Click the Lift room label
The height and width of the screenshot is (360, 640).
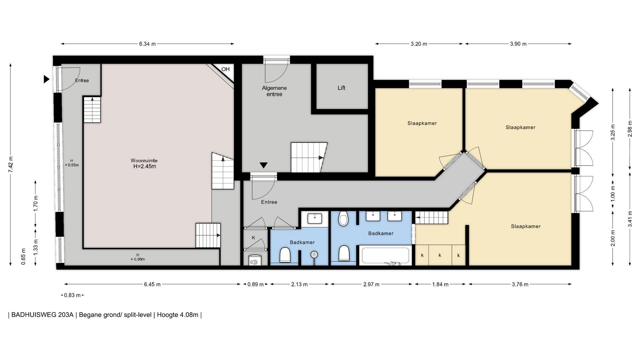click(341, 88)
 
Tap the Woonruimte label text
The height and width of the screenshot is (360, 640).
click(144, 160)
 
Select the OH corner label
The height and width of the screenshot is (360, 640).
click(226, 69)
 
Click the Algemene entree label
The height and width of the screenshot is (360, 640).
click(274, 91)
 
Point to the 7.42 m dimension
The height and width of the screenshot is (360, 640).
click(11, 164)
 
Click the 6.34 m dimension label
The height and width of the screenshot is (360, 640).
click(147, 44)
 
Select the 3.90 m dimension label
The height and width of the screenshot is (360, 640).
click(518, 44)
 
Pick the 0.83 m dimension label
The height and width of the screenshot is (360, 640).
click(72, 295)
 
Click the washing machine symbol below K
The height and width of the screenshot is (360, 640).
click(255, 260)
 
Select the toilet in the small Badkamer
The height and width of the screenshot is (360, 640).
click(285, 255)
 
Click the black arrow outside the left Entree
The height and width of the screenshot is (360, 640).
click(47, 79)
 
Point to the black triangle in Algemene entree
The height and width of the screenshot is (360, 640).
click(264, 165)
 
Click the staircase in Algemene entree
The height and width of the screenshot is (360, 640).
click(309, 157)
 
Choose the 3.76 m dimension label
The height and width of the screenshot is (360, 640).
click(520, 284)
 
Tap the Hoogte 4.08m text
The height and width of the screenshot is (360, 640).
click(178, 315)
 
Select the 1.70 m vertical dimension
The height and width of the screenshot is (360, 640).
click(36, 203)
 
